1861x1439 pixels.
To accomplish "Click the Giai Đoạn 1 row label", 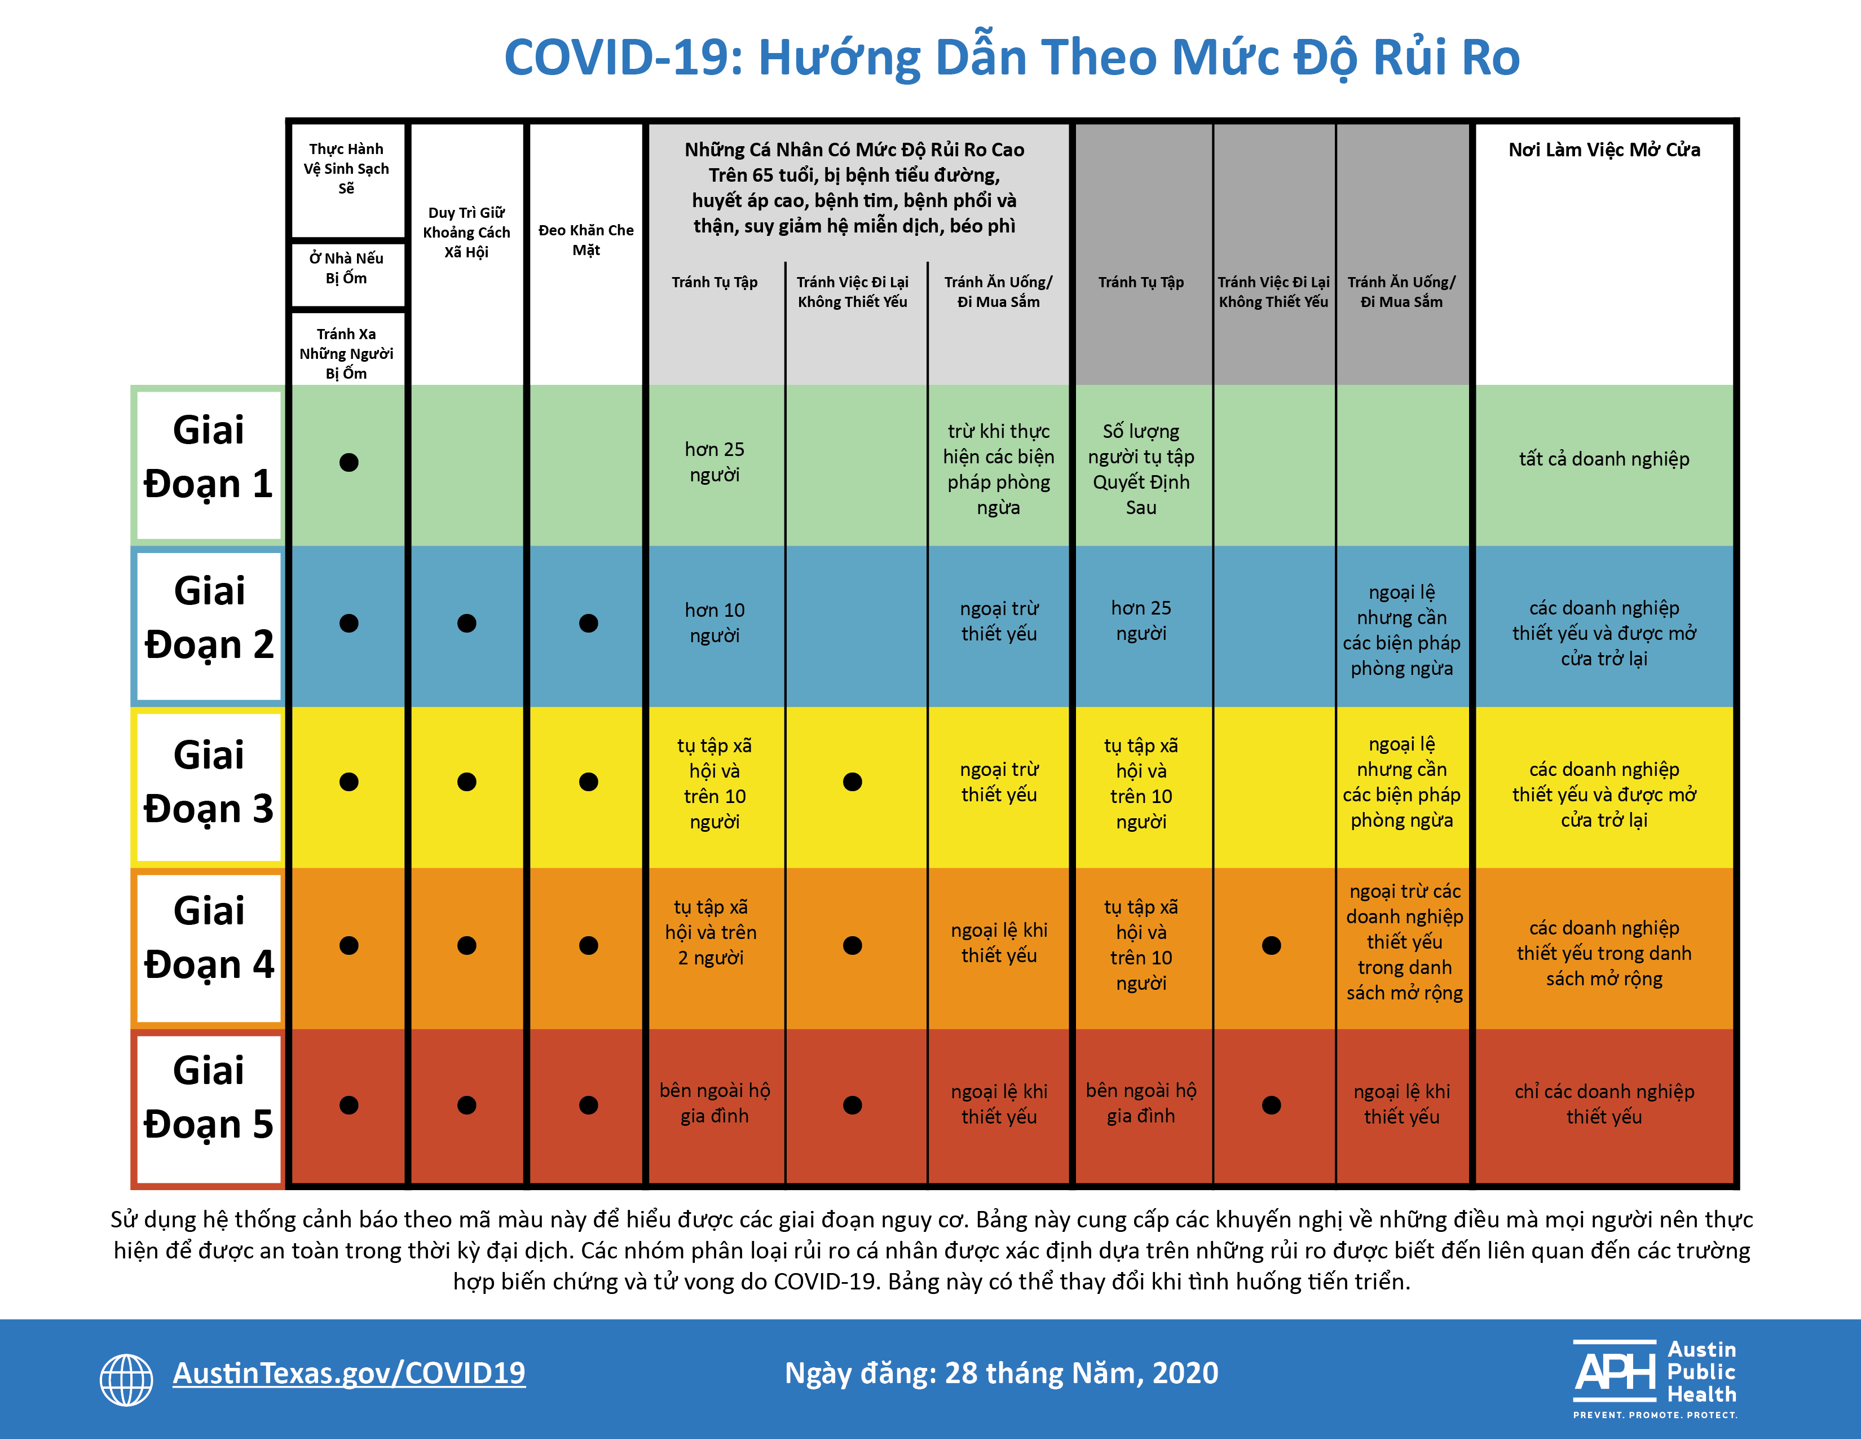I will coord(209,458).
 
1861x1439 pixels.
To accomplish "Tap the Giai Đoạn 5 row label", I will coord(209,1099).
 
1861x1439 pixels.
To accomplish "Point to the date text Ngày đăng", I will coord(1000,1374).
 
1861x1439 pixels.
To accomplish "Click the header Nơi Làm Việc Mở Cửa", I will coord(1604,150).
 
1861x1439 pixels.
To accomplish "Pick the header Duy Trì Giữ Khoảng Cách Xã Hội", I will coord(466,232).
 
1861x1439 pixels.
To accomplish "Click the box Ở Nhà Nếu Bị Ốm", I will coord(347,267).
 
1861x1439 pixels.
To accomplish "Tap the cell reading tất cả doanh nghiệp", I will coord(1604,459).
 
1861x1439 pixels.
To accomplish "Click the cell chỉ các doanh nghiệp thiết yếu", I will coord(1604,1104).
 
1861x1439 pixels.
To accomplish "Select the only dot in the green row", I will coord(349,462).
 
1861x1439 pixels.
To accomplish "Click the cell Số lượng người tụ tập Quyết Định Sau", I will coord(1140,469).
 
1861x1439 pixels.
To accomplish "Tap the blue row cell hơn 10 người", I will coord(714,622).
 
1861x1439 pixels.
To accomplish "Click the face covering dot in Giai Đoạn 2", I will coord(588,623).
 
